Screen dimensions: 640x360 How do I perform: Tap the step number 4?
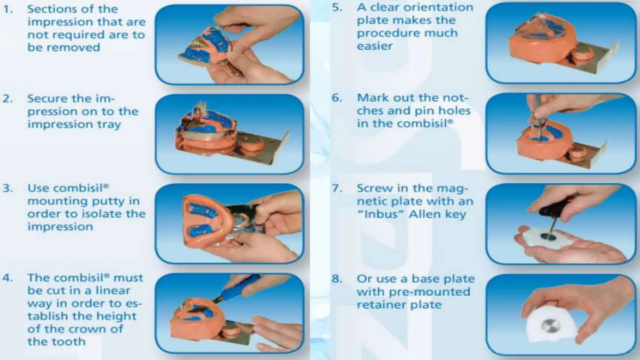click(7, 278)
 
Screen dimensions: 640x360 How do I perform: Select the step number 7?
click(337, 188)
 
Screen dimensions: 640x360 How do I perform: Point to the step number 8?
click(337, 279)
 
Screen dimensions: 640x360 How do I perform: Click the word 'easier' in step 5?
click(375, 46)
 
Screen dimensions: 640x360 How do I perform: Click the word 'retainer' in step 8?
click(386, 305)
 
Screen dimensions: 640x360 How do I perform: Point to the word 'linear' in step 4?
click(113, 291)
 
